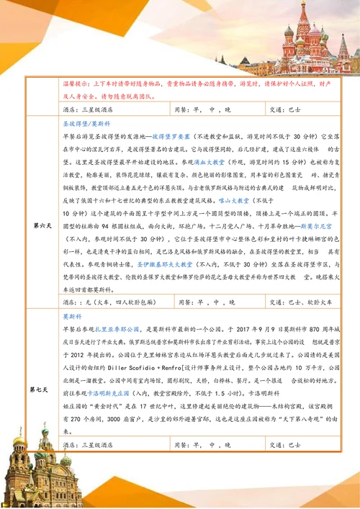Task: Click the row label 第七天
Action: pyautogui.click(x=41, y=389)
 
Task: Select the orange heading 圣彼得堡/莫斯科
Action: pyautogui.click(x=84, y=123)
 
